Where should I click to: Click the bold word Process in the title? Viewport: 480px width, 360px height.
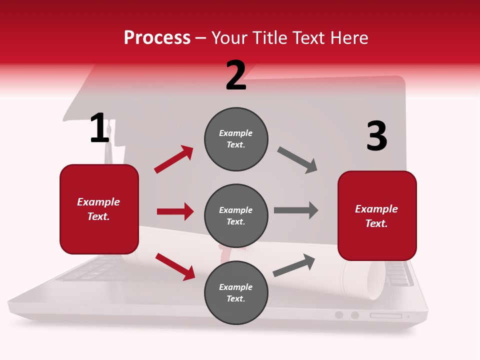[x=157, y=38]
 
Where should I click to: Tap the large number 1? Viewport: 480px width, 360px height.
[x=99, y=128]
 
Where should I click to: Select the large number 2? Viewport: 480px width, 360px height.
[x=236, y=75]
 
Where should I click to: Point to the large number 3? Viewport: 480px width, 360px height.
[x=376, y=136]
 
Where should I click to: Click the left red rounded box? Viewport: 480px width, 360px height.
[x=99, y=209]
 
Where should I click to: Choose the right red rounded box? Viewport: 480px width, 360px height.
[x=377, y=215]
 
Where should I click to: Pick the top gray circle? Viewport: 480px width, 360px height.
[x=236, y=139]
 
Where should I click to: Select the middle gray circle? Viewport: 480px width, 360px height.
[x=236, y=215]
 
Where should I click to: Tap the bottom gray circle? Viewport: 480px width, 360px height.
[x=236, y=292]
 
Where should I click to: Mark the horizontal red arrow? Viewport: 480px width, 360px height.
[x=175, y=211]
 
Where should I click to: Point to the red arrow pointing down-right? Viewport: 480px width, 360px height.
[x=175, y=266]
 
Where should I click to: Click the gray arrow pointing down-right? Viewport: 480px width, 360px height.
[x=297, y=160]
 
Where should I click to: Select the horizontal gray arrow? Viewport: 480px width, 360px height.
[x=296, y=210]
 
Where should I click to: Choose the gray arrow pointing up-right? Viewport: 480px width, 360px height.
[x=294, y=265]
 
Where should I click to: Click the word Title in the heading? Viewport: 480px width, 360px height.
[x=269, y=38]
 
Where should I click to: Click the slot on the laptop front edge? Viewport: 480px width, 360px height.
[x=385, y=315]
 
